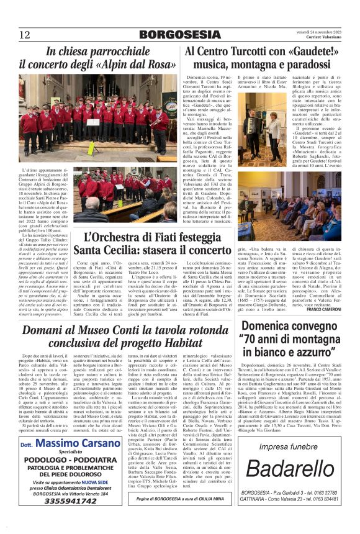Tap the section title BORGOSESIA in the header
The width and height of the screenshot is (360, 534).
pyautogui.click(x=179, y=35)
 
